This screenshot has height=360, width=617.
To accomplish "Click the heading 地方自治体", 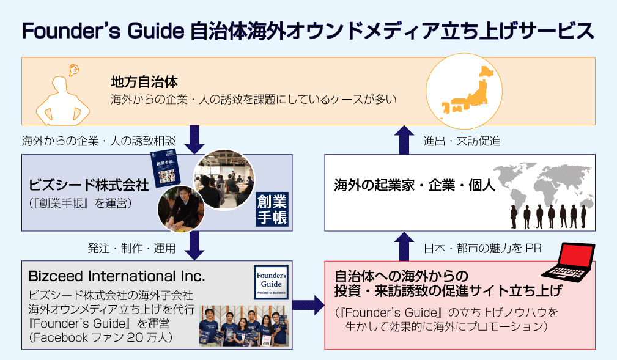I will click(144, 81).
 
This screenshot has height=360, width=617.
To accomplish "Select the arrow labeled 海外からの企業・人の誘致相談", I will click(196, 139).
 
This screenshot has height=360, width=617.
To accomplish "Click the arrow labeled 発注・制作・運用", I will click(196, 246).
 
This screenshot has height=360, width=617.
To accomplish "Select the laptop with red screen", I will click(567, 263).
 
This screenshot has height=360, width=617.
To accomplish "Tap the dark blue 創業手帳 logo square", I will click(272, 210).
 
